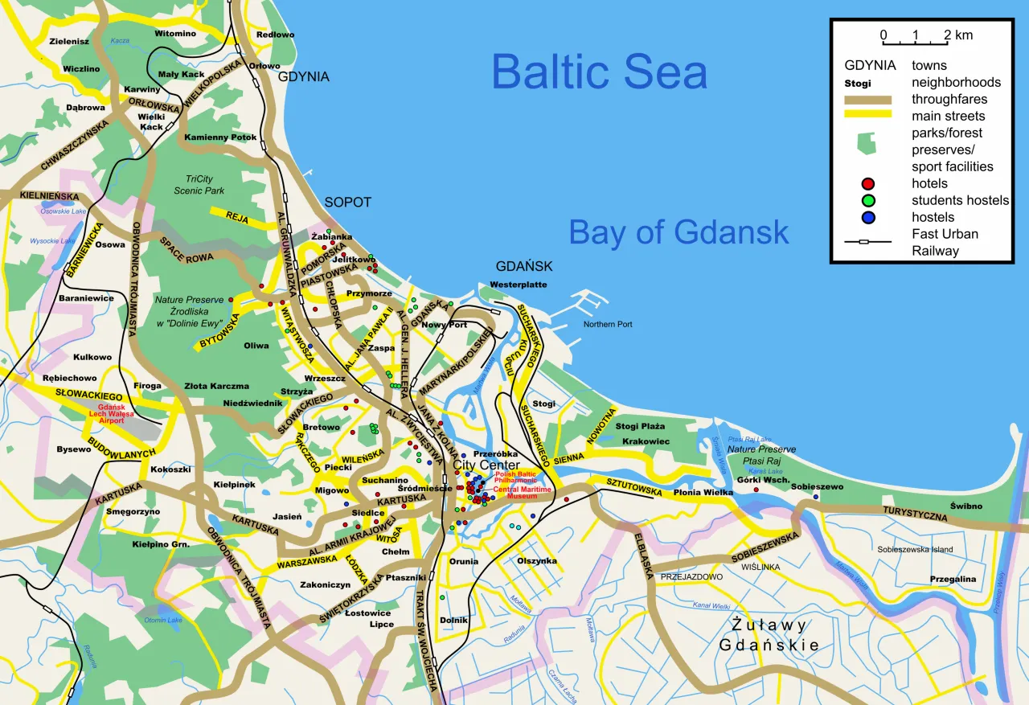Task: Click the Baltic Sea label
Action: (599, 72)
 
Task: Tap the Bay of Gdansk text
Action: (678, 232)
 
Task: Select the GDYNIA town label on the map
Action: (304, 77)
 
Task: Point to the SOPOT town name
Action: (347, 203)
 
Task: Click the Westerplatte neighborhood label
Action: (518, 285)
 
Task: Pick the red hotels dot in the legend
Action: (868, 183)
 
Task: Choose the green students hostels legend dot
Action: (868, 200)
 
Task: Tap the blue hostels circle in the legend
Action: (868, 217)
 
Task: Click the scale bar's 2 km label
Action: (957, 35)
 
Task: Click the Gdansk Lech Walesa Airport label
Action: (111, 413)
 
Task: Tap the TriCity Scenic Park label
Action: (199, 185)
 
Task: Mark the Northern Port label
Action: (608, 324)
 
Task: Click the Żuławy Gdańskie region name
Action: (769, 635)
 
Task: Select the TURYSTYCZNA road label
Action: (915, 514)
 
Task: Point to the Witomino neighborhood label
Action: (175, 34)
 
